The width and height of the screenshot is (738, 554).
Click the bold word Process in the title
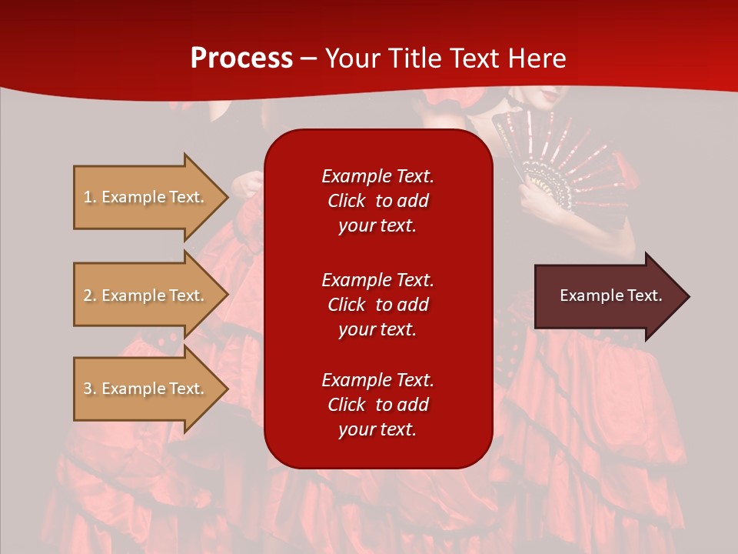[241, 58]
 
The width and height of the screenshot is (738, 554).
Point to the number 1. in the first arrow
[90, 197]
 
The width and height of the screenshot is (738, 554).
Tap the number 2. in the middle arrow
[90, 295]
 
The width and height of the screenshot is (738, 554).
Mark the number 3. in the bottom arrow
[90, 389]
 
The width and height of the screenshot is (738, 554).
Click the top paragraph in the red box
[377, 201]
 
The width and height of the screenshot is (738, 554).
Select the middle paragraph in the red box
[377, 305]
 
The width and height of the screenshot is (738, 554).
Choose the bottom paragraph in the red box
[377, 405]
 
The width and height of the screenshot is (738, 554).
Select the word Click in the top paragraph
[347, 201]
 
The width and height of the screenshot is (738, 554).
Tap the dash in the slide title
[309, 58]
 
